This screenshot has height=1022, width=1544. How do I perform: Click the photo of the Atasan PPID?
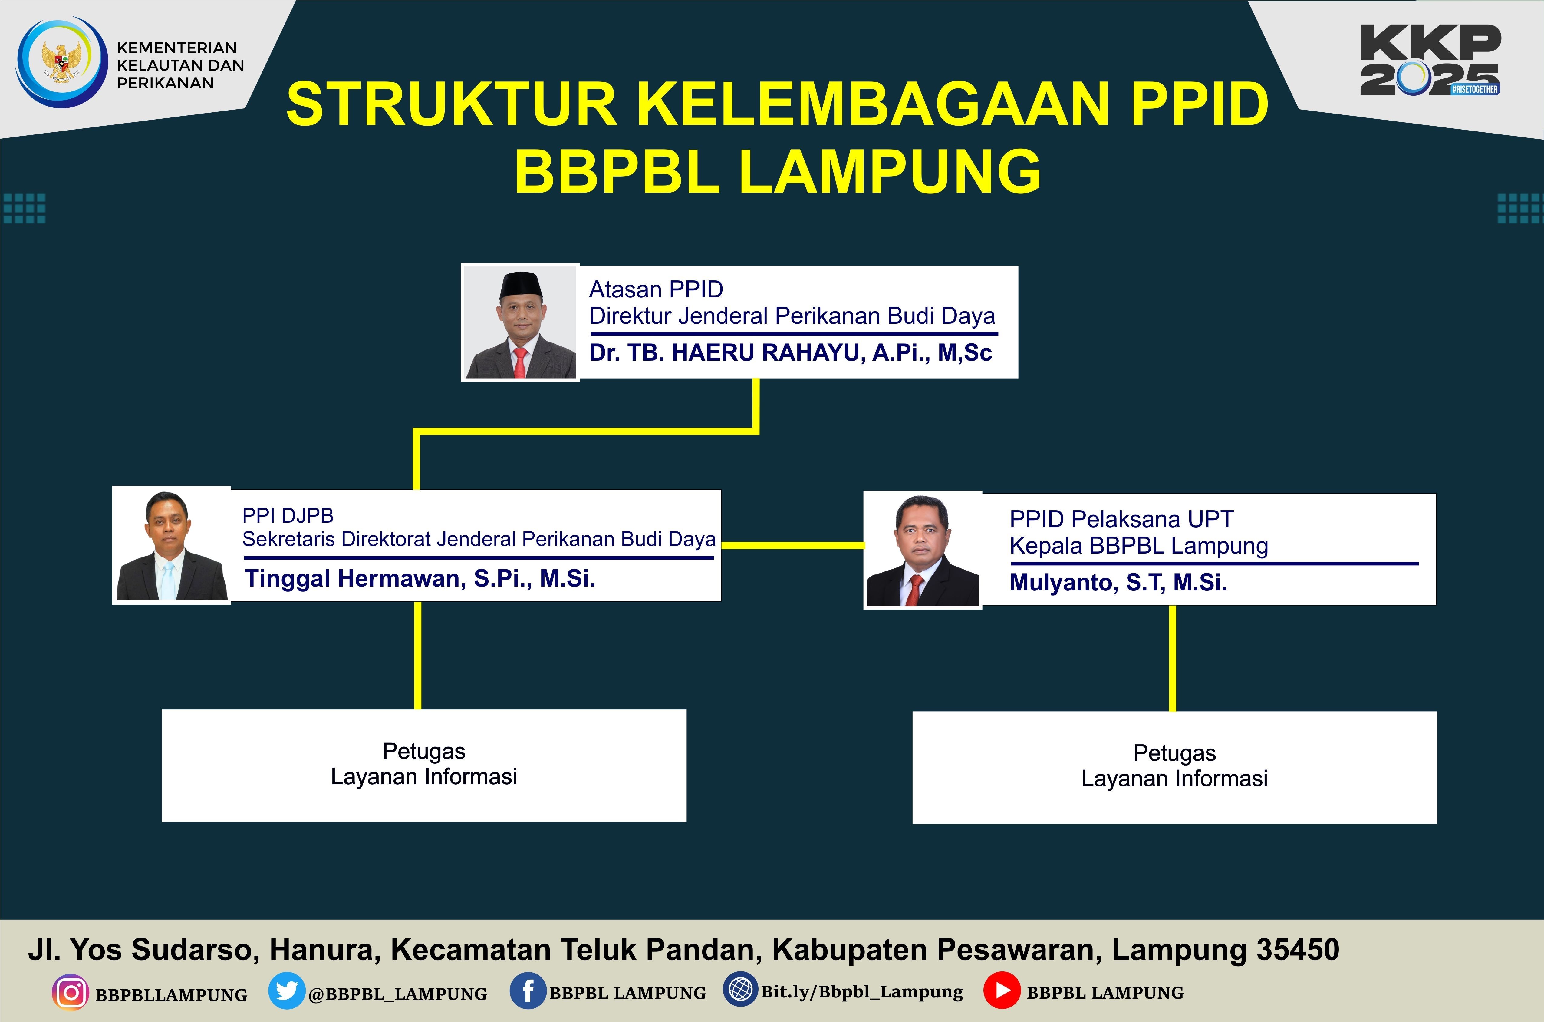pyautogui.click(x=520, y=322)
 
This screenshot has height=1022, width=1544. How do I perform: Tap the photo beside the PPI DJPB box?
pyautogui.click(x=171, y=545)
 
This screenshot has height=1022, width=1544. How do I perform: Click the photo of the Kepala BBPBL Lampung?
pyautogui.click(x=923, y=550)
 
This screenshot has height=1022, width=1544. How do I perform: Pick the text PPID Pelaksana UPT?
pyautogui.click(x=1121, y=519)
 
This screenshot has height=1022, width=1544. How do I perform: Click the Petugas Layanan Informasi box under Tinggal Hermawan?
pyautogui.click(x=424, y=765)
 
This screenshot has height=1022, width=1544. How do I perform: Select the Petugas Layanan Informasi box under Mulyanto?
pyautogui.click(x=1175, y=767)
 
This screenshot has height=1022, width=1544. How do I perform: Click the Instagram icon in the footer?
pyautogui.click(x=70, y=993)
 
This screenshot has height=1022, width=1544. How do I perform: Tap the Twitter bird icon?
pyautogui.click(x=287, y=991)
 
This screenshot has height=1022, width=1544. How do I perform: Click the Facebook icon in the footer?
pyautogui.click(x=528, y=991)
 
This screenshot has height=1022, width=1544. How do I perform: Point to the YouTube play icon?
pyautogui.click(x=1002, y=991)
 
